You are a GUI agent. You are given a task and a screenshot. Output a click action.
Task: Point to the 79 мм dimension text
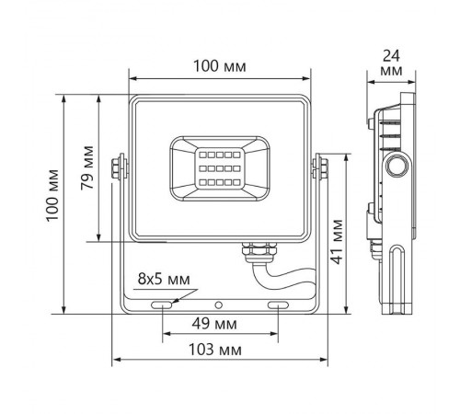87,167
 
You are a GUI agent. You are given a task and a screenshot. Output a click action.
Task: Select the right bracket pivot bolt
321,167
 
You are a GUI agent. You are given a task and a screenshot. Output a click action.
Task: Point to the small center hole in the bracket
219,304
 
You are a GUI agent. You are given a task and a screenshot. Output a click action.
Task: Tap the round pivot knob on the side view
397,167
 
